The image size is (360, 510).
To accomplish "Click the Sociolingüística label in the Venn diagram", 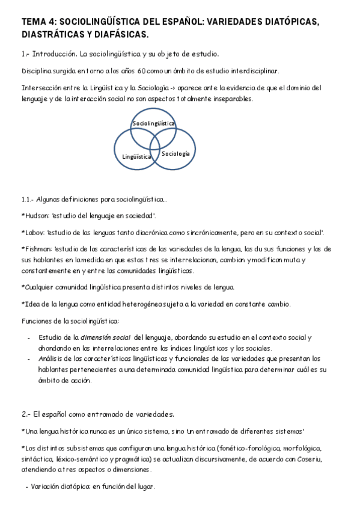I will click(154, 123).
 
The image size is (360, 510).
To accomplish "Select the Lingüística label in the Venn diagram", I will click(136, 156).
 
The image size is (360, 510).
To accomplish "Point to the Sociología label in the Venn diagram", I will click(175, 154).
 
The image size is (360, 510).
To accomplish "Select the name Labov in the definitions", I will click(34, 232).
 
